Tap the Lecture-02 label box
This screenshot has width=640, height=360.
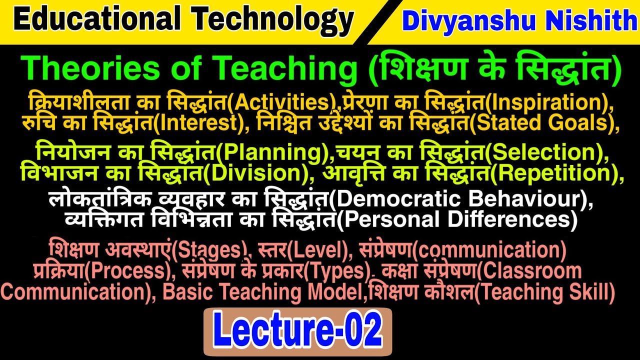pos(297,331)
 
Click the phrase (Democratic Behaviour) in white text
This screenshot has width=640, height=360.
pos(460,200)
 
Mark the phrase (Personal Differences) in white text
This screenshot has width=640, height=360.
pos(455,219)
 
